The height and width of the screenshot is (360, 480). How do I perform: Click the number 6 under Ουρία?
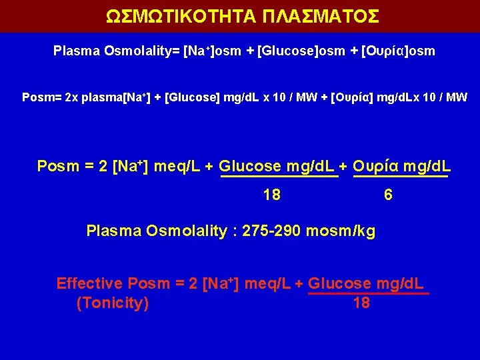(388, 195)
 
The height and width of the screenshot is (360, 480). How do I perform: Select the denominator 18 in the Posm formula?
(271, 195)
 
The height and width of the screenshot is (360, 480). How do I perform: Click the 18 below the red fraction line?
(361, 303)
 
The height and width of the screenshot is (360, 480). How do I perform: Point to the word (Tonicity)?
(113, 303)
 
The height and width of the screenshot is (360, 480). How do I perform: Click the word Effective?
(89, 283)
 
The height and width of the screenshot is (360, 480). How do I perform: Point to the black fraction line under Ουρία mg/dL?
(400, 177)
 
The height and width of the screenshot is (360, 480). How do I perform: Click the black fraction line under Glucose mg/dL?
(279, 177)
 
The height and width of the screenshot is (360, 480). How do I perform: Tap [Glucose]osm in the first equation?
(296, 51)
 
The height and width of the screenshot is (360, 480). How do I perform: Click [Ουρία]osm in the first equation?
(398, 51)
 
